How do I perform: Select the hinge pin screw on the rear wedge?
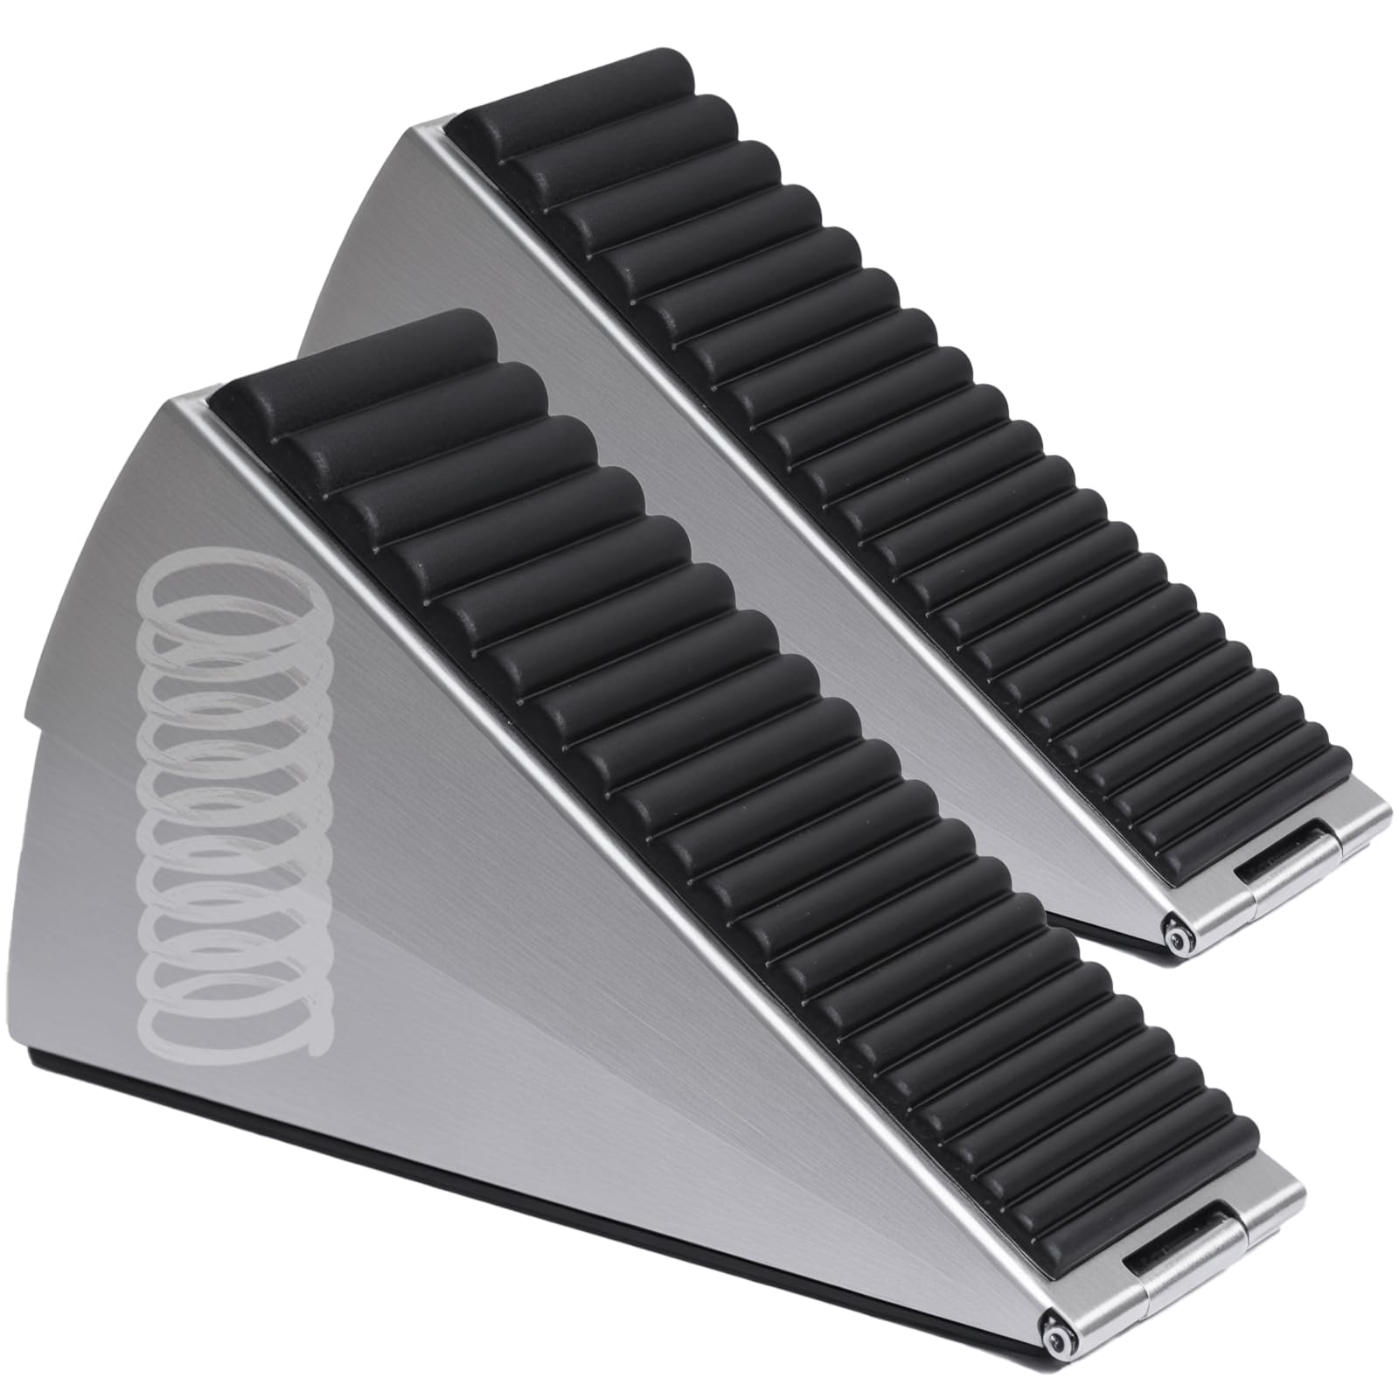coord(1181,938)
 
